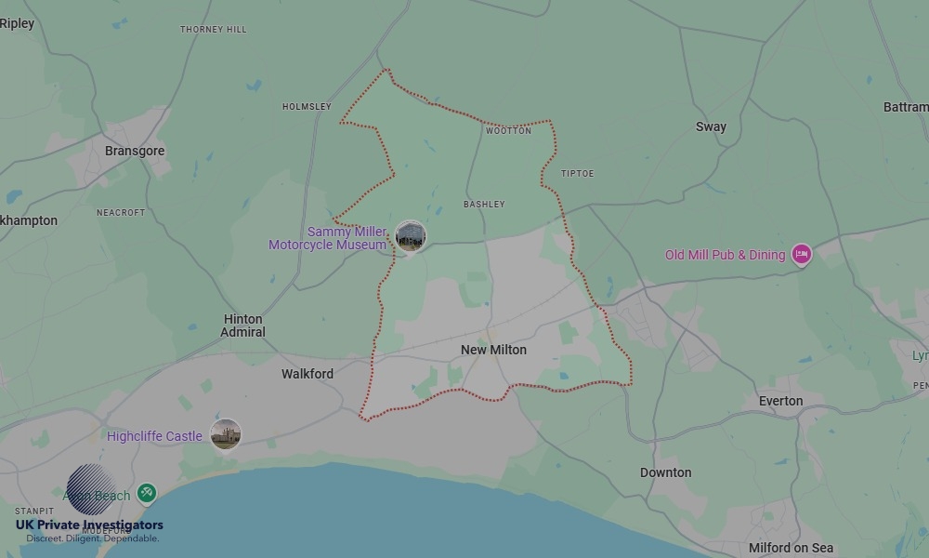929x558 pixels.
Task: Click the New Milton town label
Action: tap(493, 350)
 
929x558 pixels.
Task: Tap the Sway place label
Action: tap(711, 126)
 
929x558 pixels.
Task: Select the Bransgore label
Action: tap(135, 151)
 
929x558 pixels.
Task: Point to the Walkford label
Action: tap(307, 374)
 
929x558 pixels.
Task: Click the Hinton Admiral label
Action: tap(243, 325)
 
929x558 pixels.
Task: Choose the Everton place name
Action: tap(780, 401)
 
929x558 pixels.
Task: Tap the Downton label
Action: tap(665, 472)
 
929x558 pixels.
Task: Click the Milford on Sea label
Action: tap(791, 548)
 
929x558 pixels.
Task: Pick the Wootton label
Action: tap(508, 131)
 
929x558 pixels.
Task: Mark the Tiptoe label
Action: tap(577, 174)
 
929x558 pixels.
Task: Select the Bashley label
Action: tap(484, 204)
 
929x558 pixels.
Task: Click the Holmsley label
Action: tap(307, 107)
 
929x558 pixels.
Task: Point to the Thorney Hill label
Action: tap(213, 30)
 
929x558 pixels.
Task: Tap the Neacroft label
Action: tap(121, 212)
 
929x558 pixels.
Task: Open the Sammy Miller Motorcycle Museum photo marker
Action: tap(410, 236)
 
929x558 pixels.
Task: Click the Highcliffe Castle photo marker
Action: tap(225, 434)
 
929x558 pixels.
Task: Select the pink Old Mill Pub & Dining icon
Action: tap(801, 255)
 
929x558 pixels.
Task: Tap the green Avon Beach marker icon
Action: tap(146, 493)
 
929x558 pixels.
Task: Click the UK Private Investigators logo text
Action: tap(89, 525)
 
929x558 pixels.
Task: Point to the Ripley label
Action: tap(17, 24)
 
